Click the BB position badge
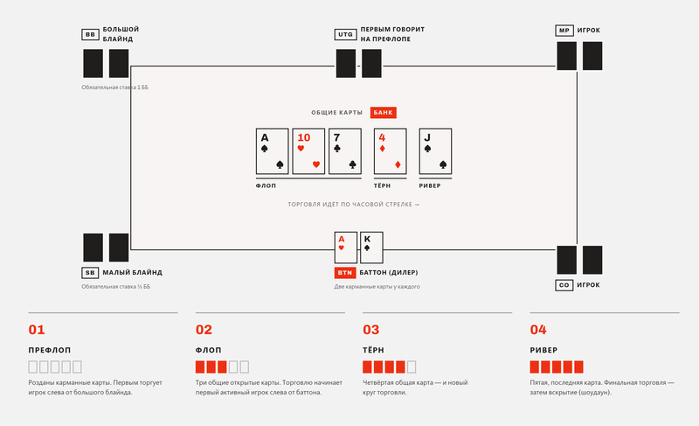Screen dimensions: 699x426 coord(90,34)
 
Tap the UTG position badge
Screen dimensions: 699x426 coord(345,34)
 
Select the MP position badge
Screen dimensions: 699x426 coord(564,31)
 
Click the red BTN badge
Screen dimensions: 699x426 coord(344,273)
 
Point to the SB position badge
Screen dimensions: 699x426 coord(90,273)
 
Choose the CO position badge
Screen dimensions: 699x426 coord(564,285)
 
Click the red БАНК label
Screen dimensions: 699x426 coord(383,113)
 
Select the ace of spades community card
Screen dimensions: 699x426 coord(272,151)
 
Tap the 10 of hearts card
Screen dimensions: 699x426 coord(308,151)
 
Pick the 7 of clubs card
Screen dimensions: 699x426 coord(345,151)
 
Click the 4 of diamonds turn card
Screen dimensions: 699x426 coord(390,151)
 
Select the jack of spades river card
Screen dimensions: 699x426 coord(435,151)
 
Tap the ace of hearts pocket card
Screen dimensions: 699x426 coord(346,248)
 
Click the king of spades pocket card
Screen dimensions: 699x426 coord(371,248)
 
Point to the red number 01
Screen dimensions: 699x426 coord(37,330)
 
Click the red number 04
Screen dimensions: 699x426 coord(538,330)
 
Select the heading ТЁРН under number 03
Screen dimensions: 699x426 coord(373,350)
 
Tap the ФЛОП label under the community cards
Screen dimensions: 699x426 coord(266,185)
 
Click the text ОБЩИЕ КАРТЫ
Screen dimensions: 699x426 coord(337,113)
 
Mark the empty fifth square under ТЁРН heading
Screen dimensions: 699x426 coord(412,367)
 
